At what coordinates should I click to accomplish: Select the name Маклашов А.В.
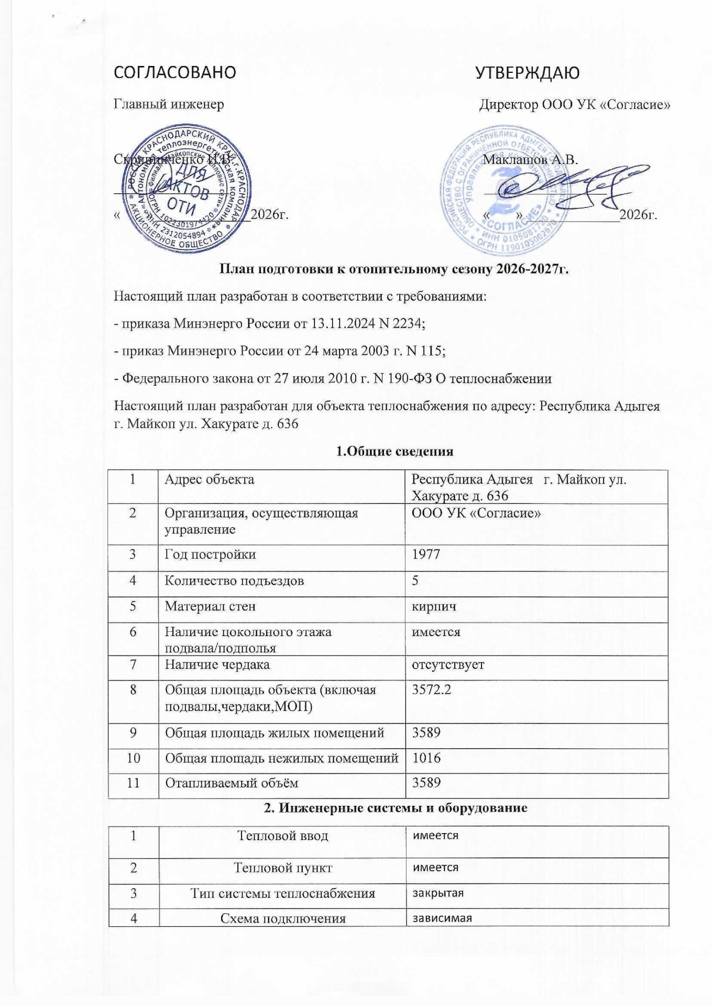pyautogui.click(x=530, y=159)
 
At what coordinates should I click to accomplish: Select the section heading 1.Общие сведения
pyautogui.click(x=394, y=451)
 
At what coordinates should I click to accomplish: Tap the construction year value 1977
pyautogui.click(x=426, y=554)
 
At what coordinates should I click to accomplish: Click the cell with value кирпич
pyautogui.click(x=434, y=606)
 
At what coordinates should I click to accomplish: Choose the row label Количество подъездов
pyautogui.click(x=234, y=581)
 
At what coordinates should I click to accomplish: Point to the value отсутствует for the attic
pyautogui.click(x=448, y=664)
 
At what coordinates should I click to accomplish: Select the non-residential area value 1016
pyautogui.click(x=426, y=758)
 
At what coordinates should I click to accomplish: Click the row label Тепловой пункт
pyautogui.click(x=282, y=868)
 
